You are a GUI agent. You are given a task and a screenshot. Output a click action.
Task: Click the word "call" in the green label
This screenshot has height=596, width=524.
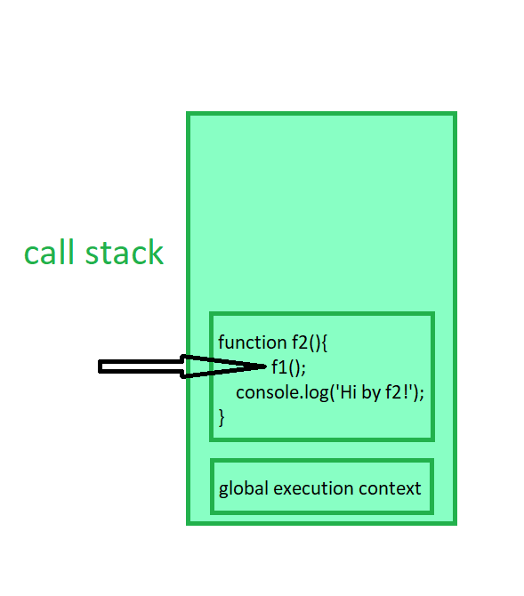[x=49, y=252]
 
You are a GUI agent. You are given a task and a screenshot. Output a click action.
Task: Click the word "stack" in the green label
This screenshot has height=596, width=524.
[x=125, y=252]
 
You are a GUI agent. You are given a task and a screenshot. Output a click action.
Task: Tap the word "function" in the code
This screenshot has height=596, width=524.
[x=252, y=342]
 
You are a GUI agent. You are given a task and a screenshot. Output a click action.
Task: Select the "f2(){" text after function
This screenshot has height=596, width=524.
[x=310, y=342]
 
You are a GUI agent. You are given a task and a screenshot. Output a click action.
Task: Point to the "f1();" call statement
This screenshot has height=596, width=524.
[x=288, y=367]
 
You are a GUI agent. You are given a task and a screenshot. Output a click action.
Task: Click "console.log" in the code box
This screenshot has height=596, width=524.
[x=282, y=392]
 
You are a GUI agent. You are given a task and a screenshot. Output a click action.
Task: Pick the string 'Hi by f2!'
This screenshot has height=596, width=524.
[x=374, y=392]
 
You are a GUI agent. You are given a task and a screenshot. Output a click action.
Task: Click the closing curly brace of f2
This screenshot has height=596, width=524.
[x=222, y=418]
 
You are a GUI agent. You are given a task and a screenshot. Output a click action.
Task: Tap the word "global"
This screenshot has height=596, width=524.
[x=244, y=489]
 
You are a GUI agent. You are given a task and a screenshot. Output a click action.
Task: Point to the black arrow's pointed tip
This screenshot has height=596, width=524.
[x=266, y=366]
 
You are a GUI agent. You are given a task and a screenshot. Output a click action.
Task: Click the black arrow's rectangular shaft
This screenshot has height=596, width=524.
[x=141, y=366]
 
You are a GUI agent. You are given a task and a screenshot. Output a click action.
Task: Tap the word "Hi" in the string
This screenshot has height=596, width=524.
[x=348, y=392]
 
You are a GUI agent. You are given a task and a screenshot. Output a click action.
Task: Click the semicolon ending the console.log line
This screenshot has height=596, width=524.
[x=422, y=394]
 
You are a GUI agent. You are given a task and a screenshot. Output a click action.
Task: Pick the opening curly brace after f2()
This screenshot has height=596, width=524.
[x=324, y=343]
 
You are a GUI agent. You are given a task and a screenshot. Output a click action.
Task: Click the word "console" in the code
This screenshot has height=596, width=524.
[x=267, y=392]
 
